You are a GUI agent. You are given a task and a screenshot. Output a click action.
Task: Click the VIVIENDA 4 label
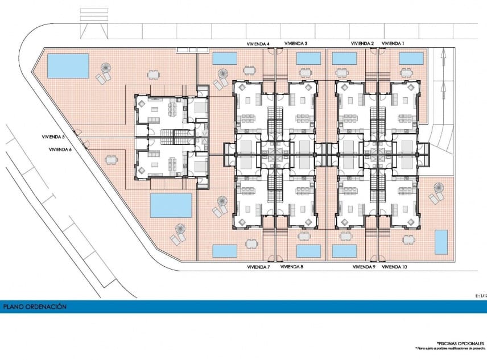pyautogui.click(x=258, y=43)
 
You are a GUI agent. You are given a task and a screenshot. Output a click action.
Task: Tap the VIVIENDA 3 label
pyautogui.click(x=296, y=43)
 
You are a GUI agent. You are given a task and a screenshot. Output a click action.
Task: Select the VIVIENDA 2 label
pyautogui.click(x=362, y=43)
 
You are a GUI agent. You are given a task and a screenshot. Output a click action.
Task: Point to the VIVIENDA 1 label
pyautogui.click(x=393, y=43)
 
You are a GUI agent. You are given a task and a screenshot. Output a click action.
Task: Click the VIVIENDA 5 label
pyautogui.click(x=53, y=136)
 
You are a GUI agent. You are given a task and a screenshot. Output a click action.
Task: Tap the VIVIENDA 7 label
pyautogui.click(x=259, y=266)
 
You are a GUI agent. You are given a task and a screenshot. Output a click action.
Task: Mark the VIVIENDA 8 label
pyautogui.click(x=292, y=266)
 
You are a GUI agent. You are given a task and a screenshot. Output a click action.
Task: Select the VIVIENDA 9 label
pyautogui.click(x=364, y=266)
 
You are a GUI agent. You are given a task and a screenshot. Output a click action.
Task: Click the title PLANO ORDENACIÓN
pyautogui.click(x=35, y=307)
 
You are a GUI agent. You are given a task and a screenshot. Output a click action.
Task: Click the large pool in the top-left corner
pyautogui.click(x=68, y=65)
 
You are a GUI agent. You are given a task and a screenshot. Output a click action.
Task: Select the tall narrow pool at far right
pyautogui.click(x=441, y=242)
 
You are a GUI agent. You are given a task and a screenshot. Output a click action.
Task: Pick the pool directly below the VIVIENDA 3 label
pyautogui.click(x=308, y=59)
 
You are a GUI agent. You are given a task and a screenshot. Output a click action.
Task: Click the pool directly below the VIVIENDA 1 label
pyautogui.click(x=411, y=59)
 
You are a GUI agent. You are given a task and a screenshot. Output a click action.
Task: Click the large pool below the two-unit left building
pyautogui.click(x=171, y=205)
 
